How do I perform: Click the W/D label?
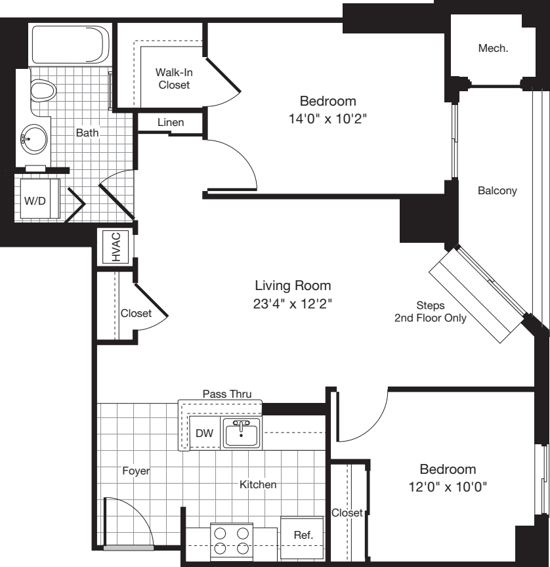[35, 201]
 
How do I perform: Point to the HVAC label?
[116, 247]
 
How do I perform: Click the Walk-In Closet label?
[173, 78]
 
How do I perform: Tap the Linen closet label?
[171, 123]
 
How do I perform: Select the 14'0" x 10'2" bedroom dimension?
[328, 119]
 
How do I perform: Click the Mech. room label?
[494, 48]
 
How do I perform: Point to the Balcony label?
[497, 191]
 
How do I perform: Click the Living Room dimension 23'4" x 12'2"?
[293, 304]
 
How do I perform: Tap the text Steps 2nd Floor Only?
[430, 312]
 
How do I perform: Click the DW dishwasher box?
[203, 433]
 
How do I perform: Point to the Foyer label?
[136, 471]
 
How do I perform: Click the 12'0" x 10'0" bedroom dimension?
[448, 488]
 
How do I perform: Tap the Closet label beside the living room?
[136, 313]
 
